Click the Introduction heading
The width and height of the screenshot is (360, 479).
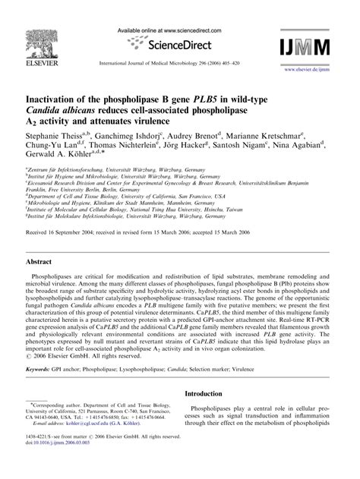coord(212,416)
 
